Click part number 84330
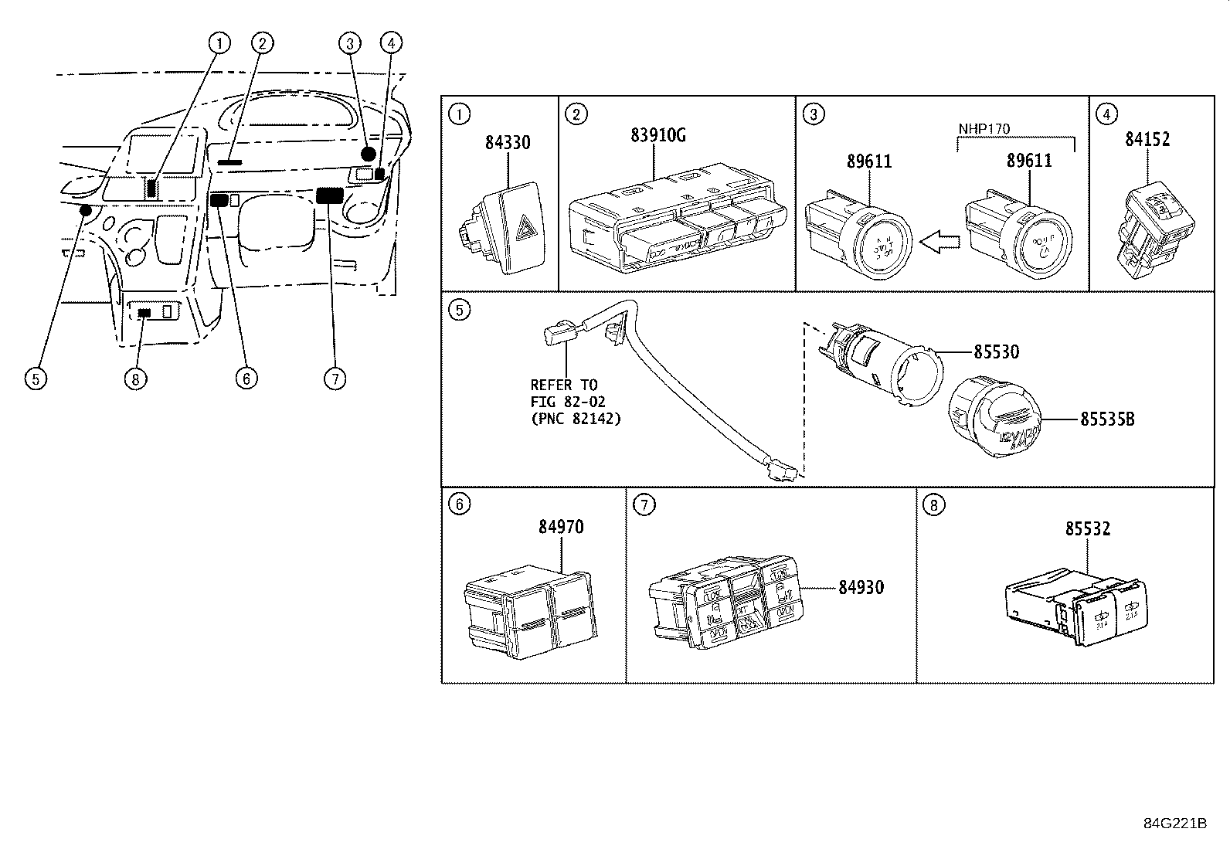[x=508, y=143]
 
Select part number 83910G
[x=657, y=136]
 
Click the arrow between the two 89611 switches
[x=941, y=243]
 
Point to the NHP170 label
[x=984, y=128]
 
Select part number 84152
[x=1147, y=139]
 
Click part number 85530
[x=995, y=352]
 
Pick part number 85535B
[x=1106, y=419]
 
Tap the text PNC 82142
[x=576, y=419]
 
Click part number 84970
[x=561, y=527]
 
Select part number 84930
[x=861, y=587]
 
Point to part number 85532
[x=1087, y=529]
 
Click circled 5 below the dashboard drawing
[x=36, y=379]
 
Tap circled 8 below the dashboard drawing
[x=135, y=379]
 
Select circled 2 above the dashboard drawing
[x=262, y=43]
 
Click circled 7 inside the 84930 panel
[x=644, y=505]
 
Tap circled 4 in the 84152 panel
[x=1107, y=114]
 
